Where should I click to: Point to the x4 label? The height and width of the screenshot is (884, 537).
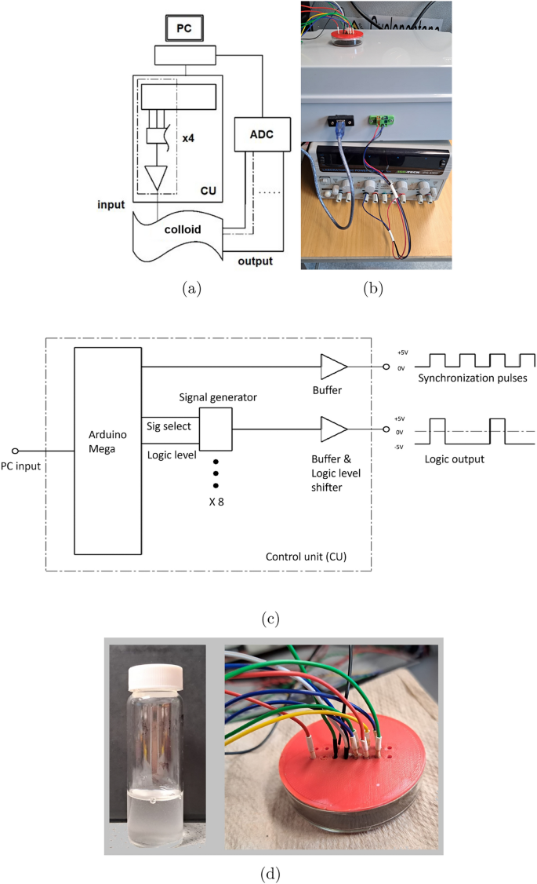[x=188, y=139]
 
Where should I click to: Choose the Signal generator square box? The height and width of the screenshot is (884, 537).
[x=216, y=428]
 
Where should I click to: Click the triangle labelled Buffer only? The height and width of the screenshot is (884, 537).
[x=332, y=366]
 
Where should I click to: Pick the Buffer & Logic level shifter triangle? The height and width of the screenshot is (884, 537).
[x=332, y=429]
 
